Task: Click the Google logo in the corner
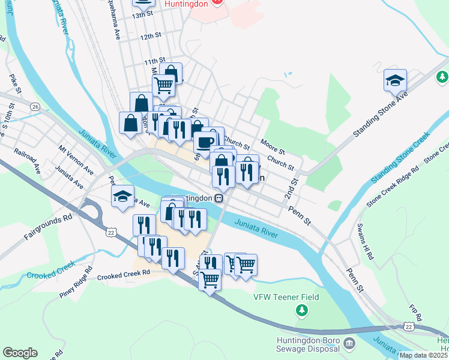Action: [x=20, y=353]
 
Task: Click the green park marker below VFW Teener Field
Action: [x=303, y=310]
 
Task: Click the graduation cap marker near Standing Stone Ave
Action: [x=396, y=80]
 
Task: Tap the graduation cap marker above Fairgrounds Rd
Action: [x=122, y=197]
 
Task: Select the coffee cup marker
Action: [x=204, y=143]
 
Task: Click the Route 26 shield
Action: [x=35, y=106]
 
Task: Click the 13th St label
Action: [x=143, y=14]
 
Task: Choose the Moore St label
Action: [x=273, y=145]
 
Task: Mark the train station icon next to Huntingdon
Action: [x=220, y=198]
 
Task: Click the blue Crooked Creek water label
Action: [x=50, y=270]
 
